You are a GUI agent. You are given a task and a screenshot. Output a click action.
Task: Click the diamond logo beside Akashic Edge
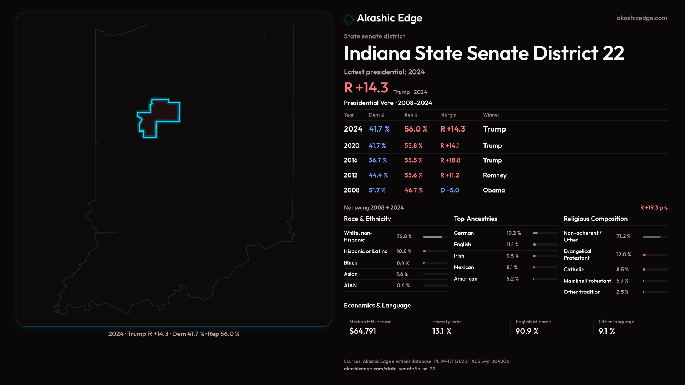click(x=349, y=19)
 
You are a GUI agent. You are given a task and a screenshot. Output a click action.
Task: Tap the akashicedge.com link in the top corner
click(x=641, y=18)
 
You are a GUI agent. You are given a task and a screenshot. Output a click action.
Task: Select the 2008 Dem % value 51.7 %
click(x=377, y=190)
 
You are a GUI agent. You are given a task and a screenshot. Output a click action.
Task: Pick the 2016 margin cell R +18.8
click(x=450, y=160)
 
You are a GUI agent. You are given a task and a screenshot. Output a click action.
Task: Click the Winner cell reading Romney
click(x=494, y=175)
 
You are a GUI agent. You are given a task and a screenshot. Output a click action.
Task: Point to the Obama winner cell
click(x=494, y=190)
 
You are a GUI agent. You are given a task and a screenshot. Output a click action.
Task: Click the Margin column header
click(x=448, y=115)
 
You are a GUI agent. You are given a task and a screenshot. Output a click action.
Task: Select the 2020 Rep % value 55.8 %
click(x=413, y=146)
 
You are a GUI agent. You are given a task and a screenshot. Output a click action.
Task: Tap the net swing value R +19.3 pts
click(x=654, y=208)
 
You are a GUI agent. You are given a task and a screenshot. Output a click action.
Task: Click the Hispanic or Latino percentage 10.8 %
click(x=404, y=251)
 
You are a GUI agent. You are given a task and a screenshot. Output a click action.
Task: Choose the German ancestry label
click(x=463, y=233)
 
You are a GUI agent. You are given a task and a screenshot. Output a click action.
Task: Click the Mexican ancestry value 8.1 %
click(x=512, y=267)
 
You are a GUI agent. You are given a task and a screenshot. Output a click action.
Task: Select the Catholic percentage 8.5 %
click(x=622, y=269)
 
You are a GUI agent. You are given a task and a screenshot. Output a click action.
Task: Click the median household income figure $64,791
click(x=362, y=331)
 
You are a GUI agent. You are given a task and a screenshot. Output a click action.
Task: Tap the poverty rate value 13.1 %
click(x=442, y=331)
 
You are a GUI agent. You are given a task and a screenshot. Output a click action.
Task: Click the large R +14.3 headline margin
click(x=366, y=88)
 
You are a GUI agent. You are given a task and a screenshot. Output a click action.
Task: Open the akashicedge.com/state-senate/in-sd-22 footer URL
click(x=389, y=369)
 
